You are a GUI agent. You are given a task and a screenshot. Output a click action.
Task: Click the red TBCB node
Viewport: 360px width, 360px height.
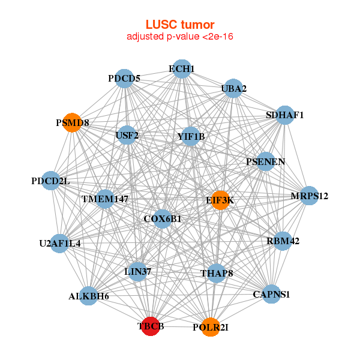click(x=149, y=326)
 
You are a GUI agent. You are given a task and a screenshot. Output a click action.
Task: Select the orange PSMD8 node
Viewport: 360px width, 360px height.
click(x=72, y=122)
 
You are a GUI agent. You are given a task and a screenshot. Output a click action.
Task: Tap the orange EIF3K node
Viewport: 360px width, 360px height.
click(x=221, y=200)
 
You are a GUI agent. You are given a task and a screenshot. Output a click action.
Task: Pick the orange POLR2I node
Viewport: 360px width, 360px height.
click(x=210, y=327)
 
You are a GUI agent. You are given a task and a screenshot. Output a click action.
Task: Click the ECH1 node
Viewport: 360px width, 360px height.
click(x=181, y=69)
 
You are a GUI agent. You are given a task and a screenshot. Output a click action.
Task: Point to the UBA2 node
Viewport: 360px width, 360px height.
click(x=233, y=89)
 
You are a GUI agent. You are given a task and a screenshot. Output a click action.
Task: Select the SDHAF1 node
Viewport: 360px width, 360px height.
click(x=284, y=115)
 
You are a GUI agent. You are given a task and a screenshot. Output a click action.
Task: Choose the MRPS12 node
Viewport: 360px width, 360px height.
click(x=309, y=196)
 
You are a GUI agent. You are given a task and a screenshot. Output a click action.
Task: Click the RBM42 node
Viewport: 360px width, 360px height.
click(x=282, y=241)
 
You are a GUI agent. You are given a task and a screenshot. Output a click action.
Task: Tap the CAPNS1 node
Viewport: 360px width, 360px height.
click(x=271, y=294)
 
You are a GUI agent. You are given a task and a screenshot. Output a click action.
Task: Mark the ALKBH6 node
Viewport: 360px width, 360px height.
click(x=88, y=296)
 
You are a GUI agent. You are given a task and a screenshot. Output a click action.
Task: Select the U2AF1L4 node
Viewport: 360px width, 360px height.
click(x=59, y=243)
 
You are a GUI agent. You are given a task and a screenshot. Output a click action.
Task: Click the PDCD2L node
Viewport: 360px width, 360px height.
click(x=51, y=181)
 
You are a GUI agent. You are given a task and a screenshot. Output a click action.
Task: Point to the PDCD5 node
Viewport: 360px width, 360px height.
click(x=124, y=78)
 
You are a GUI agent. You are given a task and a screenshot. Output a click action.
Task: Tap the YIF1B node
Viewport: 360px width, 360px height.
click(x=191, y=136)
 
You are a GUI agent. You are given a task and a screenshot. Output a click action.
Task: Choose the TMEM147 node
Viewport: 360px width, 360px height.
click(x=105, y=199)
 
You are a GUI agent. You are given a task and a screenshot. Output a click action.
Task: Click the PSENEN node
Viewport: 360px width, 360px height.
click(x=266, y=161)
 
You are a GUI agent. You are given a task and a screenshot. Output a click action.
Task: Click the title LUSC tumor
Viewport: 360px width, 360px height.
click(x=180, y=25)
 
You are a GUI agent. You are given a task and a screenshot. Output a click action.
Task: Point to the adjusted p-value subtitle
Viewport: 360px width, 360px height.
click(x=180, y=37)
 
